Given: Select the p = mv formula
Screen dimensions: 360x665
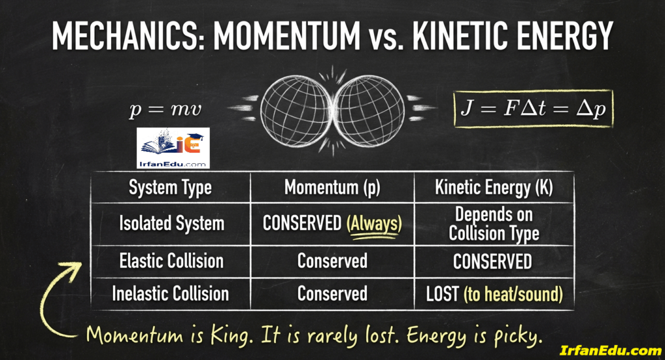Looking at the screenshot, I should pyautogui.click(x=166, y=109).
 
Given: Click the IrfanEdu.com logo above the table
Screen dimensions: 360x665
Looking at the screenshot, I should pyautogui.click(x=173, y=148).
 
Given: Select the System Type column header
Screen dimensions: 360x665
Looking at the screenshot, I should pyautogui.click(x=170, y=188).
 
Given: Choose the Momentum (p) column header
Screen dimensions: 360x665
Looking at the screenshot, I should pyautogui.click(x=332, y=188).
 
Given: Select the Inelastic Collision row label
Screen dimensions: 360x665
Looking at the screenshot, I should pyautogui.click(x=171, y=293).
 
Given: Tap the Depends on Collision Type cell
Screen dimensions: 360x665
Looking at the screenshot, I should pyautogui.click(x=494, y=224).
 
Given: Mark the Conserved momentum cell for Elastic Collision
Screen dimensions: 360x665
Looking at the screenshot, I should pyautogui.click(x=332, y=261).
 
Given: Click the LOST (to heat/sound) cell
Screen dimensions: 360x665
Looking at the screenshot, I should pyautogui.click(x=494, y=294).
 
